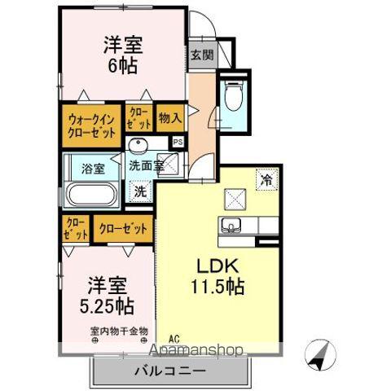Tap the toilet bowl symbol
pyautogui.click(x=235, y=97)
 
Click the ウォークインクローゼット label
pyautogui.click(x=90, y=123)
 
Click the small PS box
pyautogui.click(x=178, y=142)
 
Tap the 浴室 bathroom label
pyautogui.click(x=93, y=169)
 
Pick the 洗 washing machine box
pyautogui.click(x=139, y=192)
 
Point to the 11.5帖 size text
pyautogui.click(x=217, y=288)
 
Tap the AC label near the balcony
pyautogui.click(x=174, y=338)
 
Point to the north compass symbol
pyautogui.click(x=319, y=354)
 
